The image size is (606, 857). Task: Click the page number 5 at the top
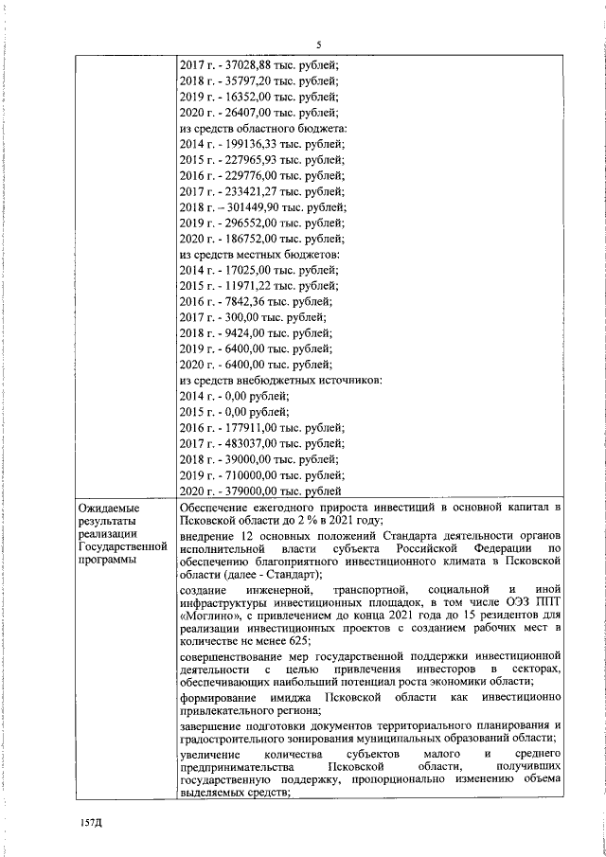tap(319, 45)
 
